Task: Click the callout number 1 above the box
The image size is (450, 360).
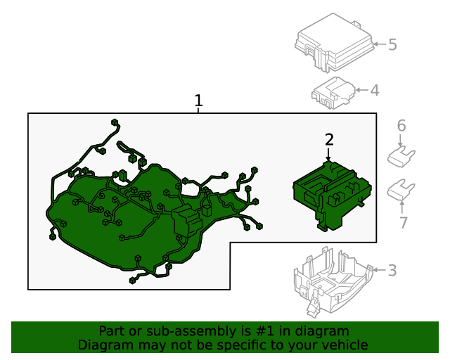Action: [198, 101]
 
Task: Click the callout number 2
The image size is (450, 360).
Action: [329, 139]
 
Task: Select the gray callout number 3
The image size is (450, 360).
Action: [392, 271]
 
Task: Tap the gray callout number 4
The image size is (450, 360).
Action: [375, 90]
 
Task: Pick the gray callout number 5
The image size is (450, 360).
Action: [392, 45]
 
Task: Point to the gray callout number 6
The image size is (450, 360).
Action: [401, 126]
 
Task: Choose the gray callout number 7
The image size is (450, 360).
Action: [403, 222]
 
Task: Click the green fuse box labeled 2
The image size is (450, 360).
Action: [332, 196]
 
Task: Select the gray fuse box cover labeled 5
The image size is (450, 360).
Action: [335, 42]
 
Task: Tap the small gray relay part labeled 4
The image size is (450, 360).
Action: [333, 93]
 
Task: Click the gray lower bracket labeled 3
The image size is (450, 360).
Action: [333, 282]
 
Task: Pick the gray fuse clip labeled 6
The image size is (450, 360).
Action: [401, 156]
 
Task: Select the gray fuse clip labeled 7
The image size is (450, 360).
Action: [401, 189]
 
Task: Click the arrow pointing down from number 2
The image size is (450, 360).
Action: [328, 153]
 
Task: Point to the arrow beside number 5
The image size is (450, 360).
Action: [380, 44]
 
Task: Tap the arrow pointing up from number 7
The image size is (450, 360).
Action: [402, 207]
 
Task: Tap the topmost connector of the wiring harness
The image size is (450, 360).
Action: [115, 122]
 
